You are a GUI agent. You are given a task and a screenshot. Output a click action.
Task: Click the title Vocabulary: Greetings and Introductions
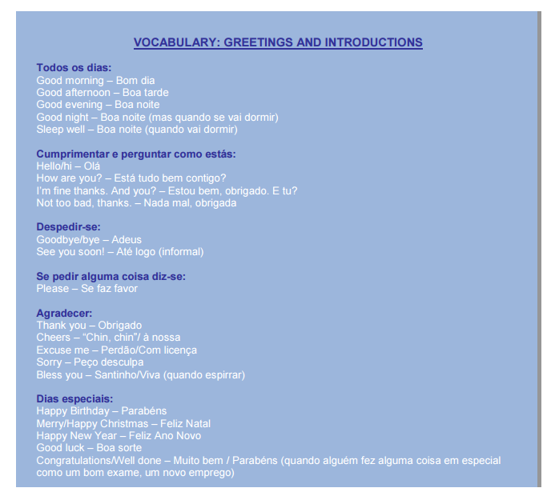[278, 42]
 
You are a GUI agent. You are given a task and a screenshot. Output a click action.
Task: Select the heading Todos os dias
[74, 68]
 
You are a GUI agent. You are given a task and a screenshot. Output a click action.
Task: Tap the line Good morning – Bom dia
[95, 80]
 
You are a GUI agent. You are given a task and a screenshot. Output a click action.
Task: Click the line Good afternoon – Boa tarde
[103, 93]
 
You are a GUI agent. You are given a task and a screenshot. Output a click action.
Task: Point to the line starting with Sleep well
[137, 129]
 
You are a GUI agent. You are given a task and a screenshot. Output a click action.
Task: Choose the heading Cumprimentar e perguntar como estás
[136, 154]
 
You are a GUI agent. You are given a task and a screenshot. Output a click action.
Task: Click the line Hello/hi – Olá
[69, 166]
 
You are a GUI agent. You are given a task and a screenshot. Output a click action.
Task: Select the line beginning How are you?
[131, 178]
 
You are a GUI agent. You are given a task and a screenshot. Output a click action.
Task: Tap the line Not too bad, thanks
[136, 202]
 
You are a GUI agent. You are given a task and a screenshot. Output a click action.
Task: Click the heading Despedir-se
[68, 227]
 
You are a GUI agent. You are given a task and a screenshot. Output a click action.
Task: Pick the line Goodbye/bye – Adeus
[89, 239]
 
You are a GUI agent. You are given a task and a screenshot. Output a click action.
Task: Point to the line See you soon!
[120, 251]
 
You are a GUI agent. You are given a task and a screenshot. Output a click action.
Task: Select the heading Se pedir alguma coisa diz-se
[111, 276]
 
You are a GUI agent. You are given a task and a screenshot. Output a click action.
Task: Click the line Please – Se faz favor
[87, 288]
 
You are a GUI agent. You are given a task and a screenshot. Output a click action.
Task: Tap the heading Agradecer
[64, 313]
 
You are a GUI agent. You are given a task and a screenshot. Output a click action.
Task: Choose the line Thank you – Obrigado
[89, 325]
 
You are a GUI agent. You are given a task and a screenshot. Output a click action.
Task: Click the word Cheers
[53, 338]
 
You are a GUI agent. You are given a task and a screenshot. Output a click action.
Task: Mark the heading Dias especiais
[74, 398]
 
